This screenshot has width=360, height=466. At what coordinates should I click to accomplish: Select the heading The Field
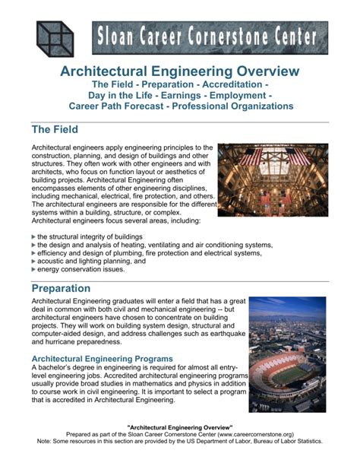coord(57,130)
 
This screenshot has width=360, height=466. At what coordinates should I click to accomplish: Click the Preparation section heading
coord(71,289)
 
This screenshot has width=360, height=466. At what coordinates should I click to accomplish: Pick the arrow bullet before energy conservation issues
coord(33,269)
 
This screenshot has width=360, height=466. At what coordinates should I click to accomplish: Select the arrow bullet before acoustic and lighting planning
coord(33,261)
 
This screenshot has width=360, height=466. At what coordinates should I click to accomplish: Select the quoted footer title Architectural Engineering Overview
coord(180,428)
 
